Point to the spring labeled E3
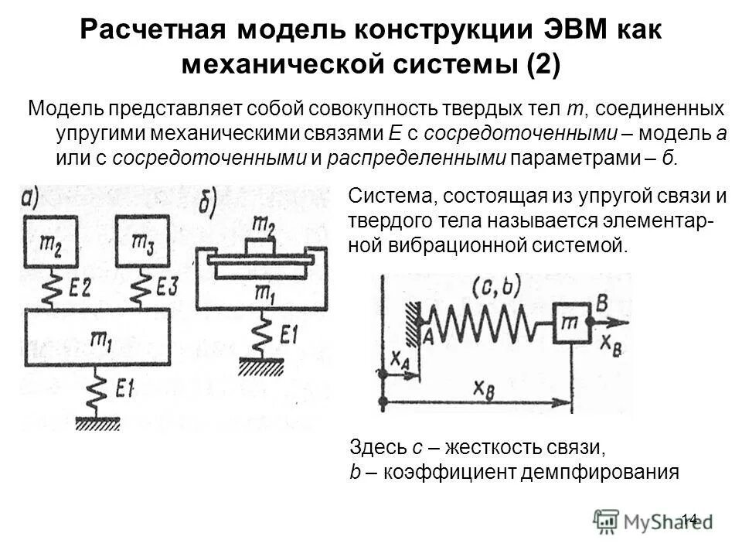[x=141, y=289]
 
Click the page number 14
[x=690, y=518]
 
